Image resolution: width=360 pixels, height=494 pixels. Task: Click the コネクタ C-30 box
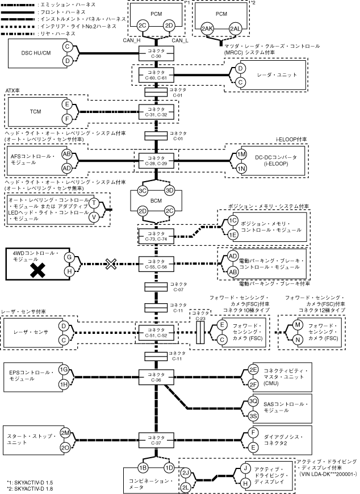click(156, 53)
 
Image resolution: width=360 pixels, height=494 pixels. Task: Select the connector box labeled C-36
click(156, 377)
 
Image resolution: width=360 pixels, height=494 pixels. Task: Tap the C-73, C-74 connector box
click(156, 236)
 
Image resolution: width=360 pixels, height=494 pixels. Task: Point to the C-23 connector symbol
click(200, 332)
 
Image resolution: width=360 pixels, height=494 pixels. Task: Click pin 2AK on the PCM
click(207, 29)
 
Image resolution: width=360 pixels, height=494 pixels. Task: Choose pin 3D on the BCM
click(170, 190)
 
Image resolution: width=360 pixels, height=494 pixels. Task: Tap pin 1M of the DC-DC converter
click(241, 154)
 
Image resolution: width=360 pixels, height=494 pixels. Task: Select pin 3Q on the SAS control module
click(253, 401)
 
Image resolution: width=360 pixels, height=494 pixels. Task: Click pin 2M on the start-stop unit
click(65, 433)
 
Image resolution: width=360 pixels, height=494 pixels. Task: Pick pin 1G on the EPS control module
click(64, 370)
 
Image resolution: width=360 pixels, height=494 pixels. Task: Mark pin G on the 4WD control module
click(69, 257)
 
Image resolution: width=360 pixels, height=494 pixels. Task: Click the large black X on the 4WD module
click(38, 270)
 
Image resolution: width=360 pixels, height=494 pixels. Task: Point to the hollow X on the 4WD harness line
click(111, 264)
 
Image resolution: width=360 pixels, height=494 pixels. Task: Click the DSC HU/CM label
click(36, 53)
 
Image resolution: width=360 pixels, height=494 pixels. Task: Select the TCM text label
click(35, 111)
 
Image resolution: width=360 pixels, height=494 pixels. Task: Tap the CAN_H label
click(132, 40)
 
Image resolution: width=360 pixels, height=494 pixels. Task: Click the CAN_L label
click(180, 40)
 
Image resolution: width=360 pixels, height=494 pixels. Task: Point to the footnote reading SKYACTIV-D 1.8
click(30, 489)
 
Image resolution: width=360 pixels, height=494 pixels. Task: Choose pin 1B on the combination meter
click(143, 467)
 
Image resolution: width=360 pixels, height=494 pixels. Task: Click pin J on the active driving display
click(246, 468)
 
